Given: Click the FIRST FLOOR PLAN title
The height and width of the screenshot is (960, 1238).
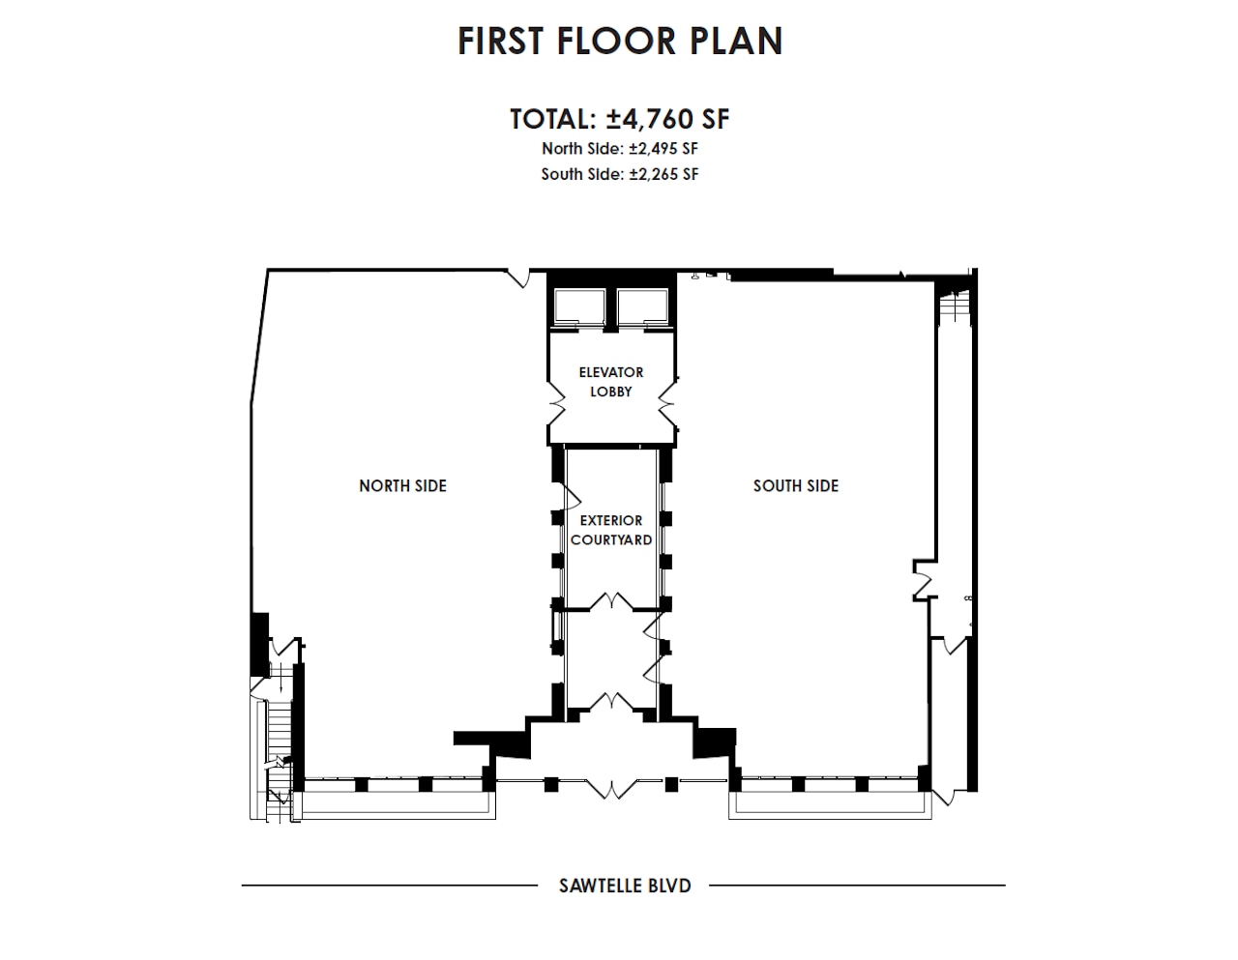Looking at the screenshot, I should click(x=619, y=41).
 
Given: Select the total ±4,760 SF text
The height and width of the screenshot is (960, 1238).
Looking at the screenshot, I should click(x=619, y=119).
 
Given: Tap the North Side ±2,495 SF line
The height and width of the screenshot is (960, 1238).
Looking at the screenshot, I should click(x=619, y=149).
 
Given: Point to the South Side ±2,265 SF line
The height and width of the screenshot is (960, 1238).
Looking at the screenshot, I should click(x=619, y=174).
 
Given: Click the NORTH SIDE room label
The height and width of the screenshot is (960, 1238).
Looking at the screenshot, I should click(x=402, y=486).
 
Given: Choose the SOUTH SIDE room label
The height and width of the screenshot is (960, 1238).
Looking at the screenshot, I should click(x=795, y=486).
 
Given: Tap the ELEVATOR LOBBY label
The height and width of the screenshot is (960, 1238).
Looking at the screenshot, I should click(x=610, y=382).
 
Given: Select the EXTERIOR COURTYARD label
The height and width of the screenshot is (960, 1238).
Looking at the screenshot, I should click(x=610, y=530).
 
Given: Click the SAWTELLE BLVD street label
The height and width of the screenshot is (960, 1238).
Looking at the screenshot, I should click(x=625, y=885).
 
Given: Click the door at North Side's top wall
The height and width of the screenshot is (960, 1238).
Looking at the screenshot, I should click(x=522, y=276).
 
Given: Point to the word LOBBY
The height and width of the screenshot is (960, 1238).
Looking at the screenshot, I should click(x=610, y=392).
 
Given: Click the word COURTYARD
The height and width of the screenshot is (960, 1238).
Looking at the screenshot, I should click(x=610, y=539).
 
